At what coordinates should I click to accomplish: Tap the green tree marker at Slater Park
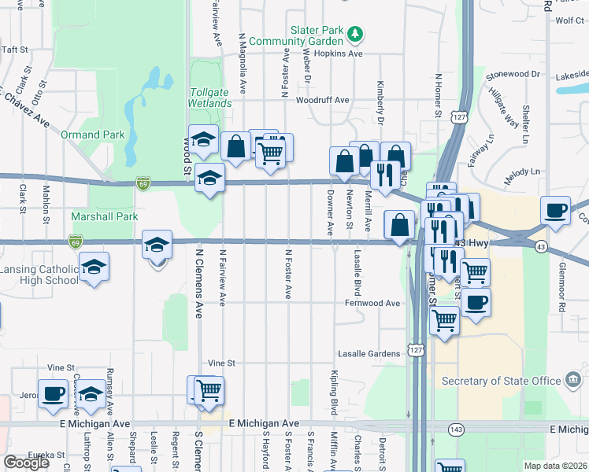point(356,33)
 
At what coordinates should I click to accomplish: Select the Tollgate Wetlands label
point(210,98)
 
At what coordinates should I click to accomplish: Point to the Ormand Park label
point(93,135)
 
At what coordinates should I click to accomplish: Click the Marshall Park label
point(105,216)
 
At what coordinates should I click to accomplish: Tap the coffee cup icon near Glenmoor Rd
point(556,210)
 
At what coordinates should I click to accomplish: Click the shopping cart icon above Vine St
point(209,389)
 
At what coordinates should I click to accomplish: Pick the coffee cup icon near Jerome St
point(54,393)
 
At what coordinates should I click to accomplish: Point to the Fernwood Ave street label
point(371,303)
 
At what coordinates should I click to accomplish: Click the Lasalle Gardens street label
point(369,353)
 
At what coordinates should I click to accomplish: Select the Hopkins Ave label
point(338,54)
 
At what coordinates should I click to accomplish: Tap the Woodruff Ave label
point(322,100)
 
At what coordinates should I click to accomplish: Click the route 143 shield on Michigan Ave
point(457,429)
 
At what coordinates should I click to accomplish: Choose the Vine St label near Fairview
point(221,363)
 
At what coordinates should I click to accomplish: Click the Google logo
point(26,463)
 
